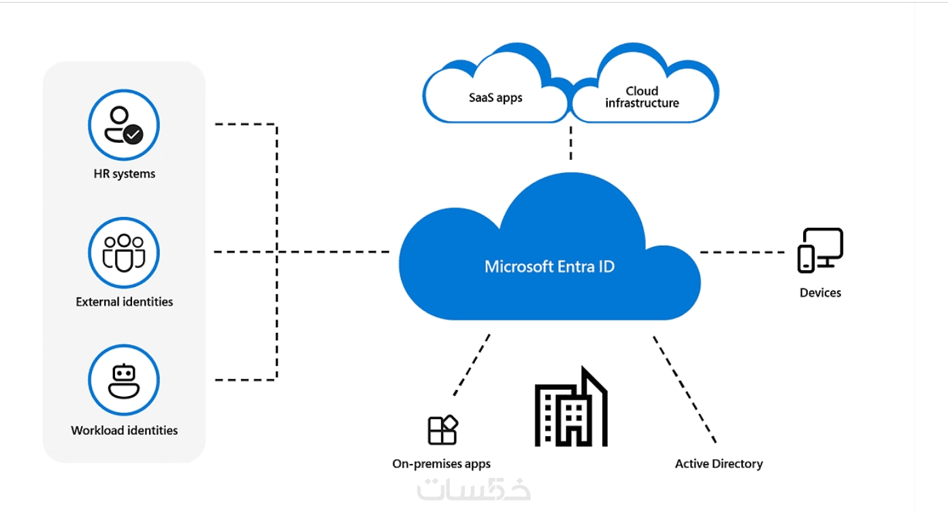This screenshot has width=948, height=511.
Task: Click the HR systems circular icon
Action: click(x=123, y=125)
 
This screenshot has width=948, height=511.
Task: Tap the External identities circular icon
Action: click(x=123, y=252)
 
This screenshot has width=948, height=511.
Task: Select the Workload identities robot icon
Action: click(x=123, y=380)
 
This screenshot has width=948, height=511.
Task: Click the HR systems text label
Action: click(x=125, y=174)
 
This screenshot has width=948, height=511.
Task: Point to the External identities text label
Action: click(x=125, y=301)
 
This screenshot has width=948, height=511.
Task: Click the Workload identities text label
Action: click(x=125, y=430)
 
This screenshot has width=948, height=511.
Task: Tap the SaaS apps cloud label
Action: click(x=495, y=97)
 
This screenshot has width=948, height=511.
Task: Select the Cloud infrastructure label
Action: click(x=642, y=97)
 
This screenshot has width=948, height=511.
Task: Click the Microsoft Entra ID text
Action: click(x=549, y=266)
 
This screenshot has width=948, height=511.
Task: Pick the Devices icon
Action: click(x=820, y=250)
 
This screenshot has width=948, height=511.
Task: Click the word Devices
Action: click(x=820, y=293)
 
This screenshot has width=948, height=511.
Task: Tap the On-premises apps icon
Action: click(x=442, y=430)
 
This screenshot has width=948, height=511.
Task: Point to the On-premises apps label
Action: click(x=441, y=464)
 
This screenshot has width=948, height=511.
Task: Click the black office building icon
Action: click(x=570, y=408)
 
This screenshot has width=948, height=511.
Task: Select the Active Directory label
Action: click(x=719, y=464)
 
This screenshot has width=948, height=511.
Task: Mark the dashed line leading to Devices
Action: click(x=742, y=252)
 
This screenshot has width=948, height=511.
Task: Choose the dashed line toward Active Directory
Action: click(x=684, y=388)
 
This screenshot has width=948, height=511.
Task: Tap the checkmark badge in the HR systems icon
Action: click(x=133, y=134)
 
